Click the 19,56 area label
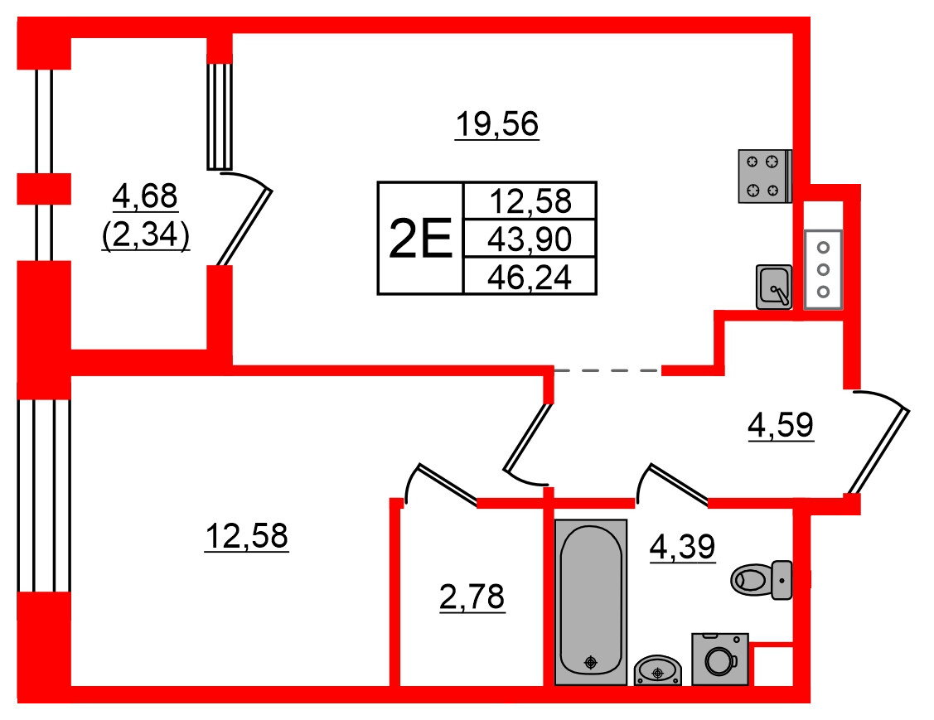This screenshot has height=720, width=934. coord(496,124)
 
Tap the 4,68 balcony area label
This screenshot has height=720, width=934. coord(145,196)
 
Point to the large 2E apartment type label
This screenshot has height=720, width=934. coord(420,239)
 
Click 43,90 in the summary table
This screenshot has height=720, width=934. coord(530,239)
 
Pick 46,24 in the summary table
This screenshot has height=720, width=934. coord(530,277)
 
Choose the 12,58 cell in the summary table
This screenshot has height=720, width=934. coord(530,201)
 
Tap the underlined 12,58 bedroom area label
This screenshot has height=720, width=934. coord(247,536)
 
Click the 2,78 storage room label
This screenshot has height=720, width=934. coord(472,597)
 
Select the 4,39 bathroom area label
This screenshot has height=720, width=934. coord(683,547)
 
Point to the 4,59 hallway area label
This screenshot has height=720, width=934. coord(781,425)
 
